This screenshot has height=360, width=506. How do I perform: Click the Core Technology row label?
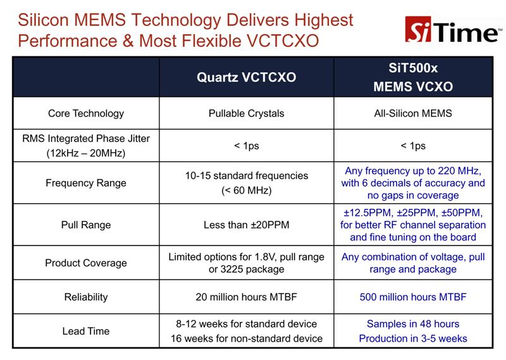(86, 114)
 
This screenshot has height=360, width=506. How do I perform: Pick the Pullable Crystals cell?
(246, 114)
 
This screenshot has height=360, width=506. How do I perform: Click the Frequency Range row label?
(86, 183)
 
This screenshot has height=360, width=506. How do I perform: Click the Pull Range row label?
(86, 225)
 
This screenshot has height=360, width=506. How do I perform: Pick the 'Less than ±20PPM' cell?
(246, 225)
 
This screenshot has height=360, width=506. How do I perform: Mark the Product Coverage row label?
(86, 263)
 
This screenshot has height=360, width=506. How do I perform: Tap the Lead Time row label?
(86, 330)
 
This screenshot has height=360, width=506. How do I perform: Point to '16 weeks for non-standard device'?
(246, 338)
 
